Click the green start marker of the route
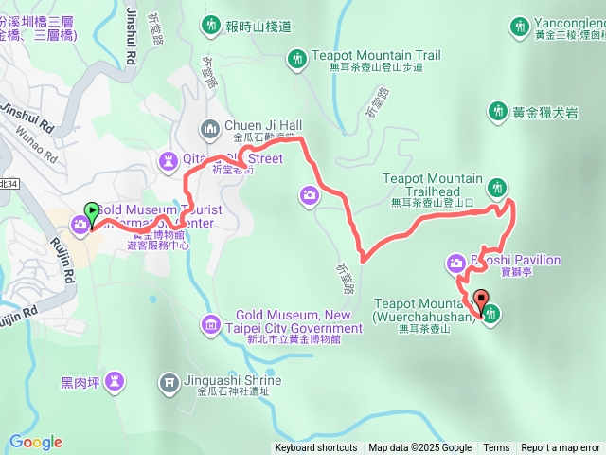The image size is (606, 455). (x=92, y=212)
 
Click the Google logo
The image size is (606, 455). (x=35, y=442)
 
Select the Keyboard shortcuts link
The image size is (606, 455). (x=316, y=448)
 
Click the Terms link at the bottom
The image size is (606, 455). (x=496, y=448)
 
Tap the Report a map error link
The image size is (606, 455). (x=561, y=448)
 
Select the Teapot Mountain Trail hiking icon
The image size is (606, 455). (x=297, y=59)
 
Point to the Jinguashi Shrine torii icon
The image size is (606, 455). (x=169, y=381)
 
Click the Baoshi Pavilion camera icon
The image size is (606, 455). (x=455, y=262)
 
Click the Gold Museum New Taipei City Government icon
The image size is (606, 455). (x=210, y=325)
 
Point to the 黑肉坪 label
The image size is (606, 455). (x=80, y=382)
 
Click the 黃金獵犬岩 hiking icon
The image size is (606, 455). (x=497, y=112)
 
